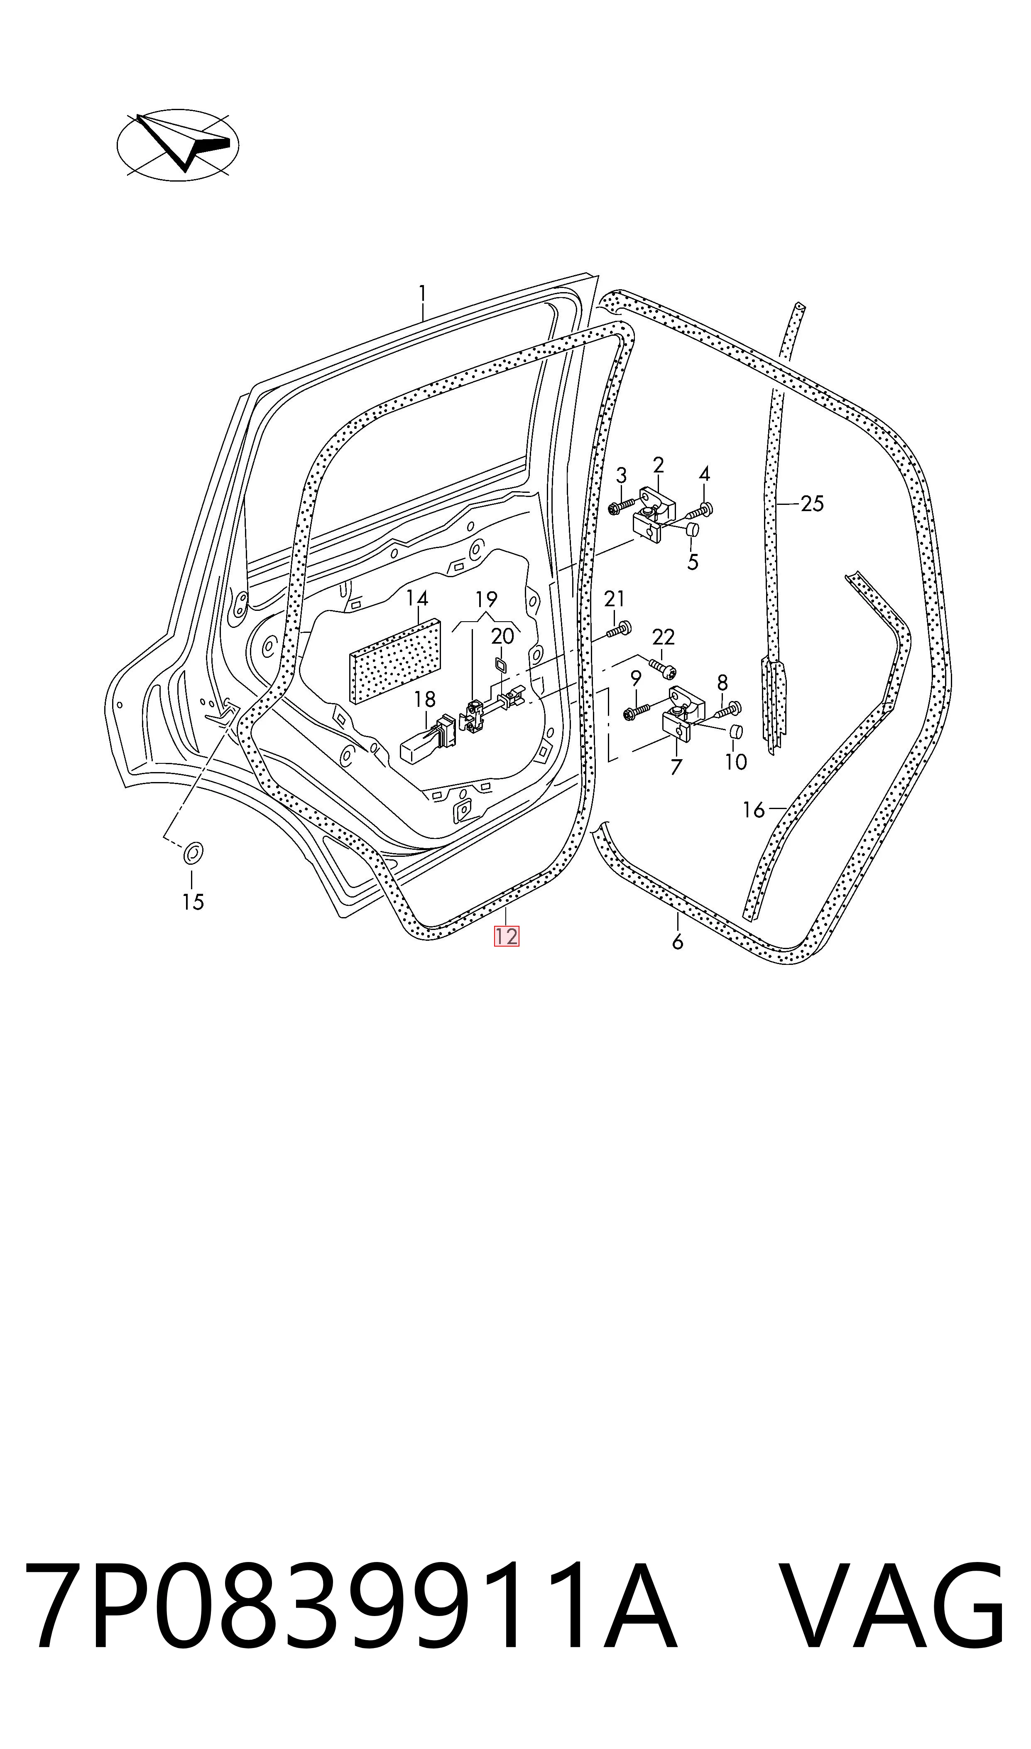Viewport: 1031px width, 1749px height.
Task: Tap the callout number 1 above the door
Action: tap(422, 294)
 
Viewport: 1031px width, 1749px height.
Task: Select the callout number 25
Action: tap(812, 503)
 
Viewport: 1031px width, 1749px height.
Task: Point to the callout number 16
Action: tap(754, 810)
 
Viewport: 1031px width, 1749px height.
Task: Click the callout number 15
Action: tap(193, 902)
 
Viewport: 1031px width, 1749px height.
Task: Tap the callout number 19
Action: tap(486, 598)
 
